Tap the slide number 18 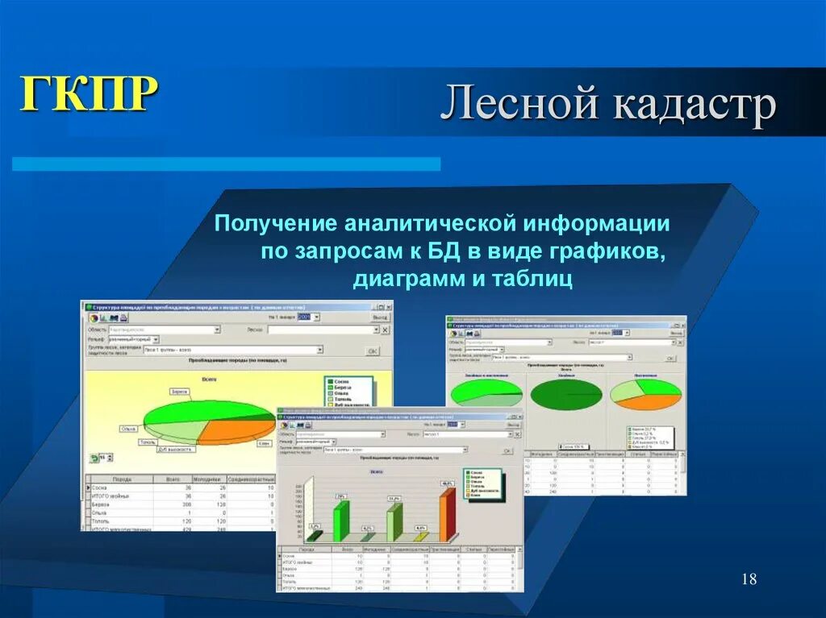[x=748, y=579]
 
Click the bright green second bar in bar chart [x=341, y=520]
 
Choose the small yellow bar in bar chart [x=419, y=536]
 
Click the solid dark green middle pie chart [x=566, y=394]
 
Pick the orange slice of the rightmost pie [x=657, y=400]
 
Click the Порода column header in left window [x=122, y=478]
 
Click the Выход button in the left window [x=378, y=317]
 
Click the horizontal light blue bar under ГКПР [x=226, y=164]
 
